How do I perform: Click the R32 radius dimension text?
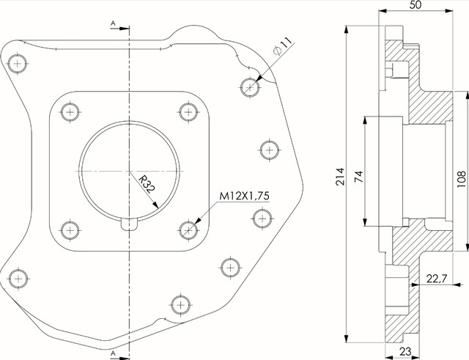[x=147, y=185]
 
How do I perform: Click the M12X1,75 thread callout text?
[x=244, y=196]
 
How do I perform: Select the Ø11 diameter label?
[x=282, y=45]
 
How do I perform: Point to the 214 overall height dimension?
[x=340, y=177]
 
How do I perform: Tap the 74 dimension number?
[x=358, y=177]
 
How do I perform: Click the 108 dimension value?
[x=462, y=179]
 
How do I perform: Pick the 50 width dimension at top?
[x=416, y=5]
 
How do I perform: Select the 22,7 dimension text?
[x=437, y=279]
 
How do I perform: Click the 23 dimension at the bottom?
[x=405, y=351]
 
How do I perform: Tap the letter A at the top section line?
[x=113, y=23]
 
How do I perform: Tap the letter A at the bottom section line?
[x=113, y=353]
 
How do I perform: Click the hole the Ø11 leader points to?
[x=250, y=87]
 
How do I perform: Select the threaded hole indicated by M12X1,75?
[x=188, y=229]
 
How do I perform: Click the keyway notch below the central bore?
[x=129, y=224]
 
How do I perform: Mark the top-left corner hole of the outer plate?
[x=18, y=64]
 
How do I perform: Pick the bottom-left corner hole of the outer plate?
[x=18, y=279]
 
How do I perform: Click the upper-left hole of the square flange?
[x=70, y=112]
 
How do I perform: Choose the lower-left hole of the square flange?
[x=70, y=229]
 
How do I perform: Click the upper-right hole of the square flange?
[x=188, y=112]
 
